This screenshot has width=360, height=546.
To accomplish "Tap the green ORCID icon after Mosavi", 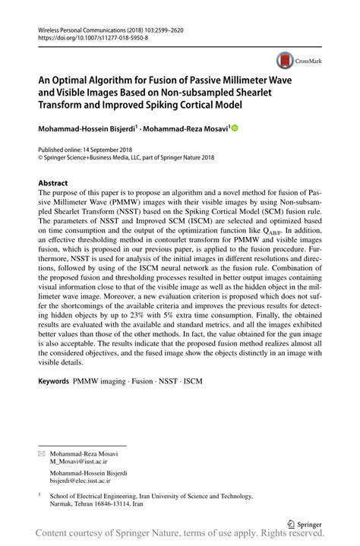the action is [x=235, y=129].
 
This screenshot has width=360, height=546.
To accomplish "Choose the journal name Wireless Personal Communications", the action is [x=84, y=27].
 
